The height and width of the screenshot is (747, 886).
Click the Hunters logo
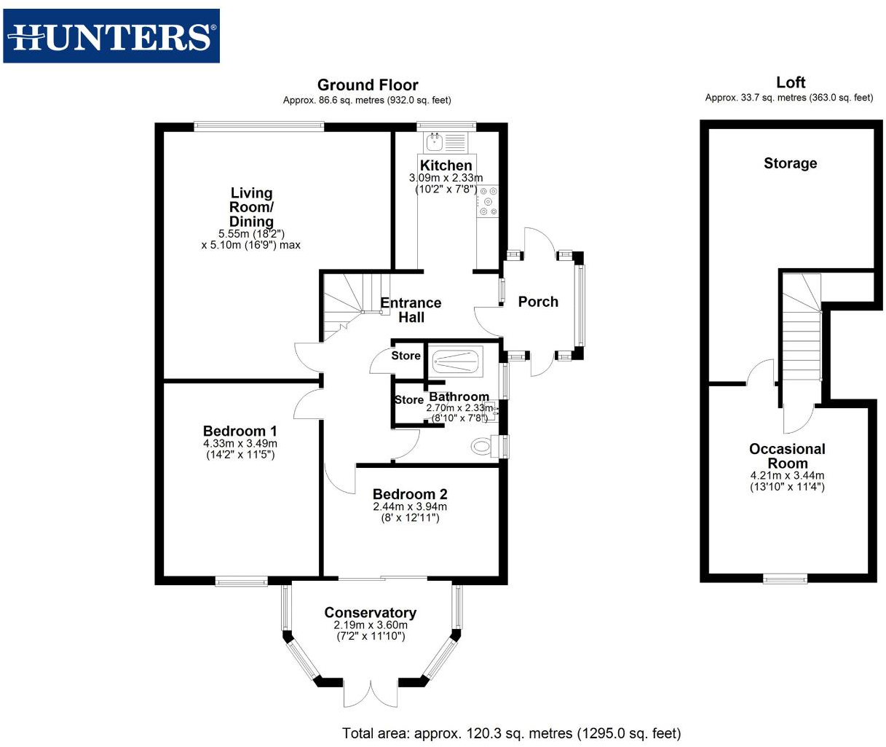coord(111,36)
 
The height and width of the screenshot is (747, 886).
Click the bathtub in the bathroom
coord(456,361)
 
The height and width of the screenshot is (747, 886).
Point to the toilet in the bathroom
coord(481,445)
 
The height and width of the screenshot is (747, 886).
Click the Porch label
coord(538,302)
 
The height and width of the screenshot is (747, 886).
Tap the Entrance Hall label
coord(411,310)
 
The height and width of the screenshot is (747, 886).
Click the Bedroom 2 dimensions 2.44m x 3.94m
coord(410,507)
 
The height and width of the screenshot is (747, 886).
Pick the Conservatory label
coord(370,613)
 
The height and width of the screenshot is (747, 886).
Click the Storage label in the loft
coord(790,163)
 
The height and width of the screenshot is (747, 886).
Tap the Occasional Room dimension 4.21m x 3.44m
coord(787,476)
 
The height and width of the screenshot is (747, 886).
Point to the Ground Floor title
coord(368,85)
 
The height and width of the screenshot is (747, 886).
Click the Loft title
coord(790,82)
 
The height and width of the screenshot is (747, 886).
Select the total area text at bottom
coord(511,733)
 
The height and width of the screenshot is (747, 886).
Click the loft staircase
coord(802,328)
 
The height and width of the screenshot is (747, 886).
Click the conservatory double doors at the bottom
coord(371,694)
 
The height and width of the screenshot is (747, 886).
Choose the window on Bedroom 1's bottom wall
coord(241,581)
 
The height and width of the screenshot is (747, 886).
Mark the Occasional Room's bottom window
coord(785,578)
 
